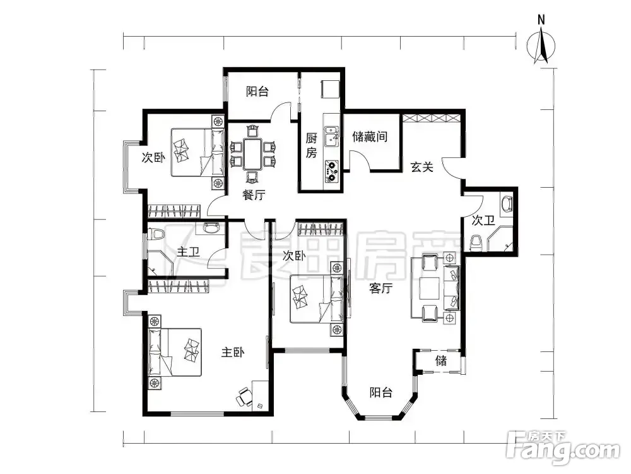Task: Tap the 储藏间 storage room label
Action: coord(370,137)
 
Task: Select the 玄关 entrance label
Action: coord(422,166)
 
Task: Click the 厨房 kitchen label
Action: coord(311,145)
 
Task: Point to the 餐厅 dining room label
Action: coord(254,195)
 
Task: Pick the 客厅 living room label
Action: coord(380,288)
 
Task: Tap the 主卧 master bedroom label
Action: coord(233,352)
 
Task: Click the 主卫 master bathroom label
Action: coord(188,252)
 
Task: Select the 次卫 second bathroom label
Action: coord(483,221)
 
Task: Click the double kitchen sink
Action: coord(332,137)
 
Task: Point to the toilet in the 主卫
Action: coord(156,234)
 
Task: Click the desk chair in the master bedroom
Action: coord(244,397)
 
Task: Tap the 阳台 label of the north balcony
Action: coord(257,92)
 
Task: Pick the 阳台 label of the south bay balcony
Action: coord(380,392)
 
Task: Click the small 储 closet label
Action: coord(441,360)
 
